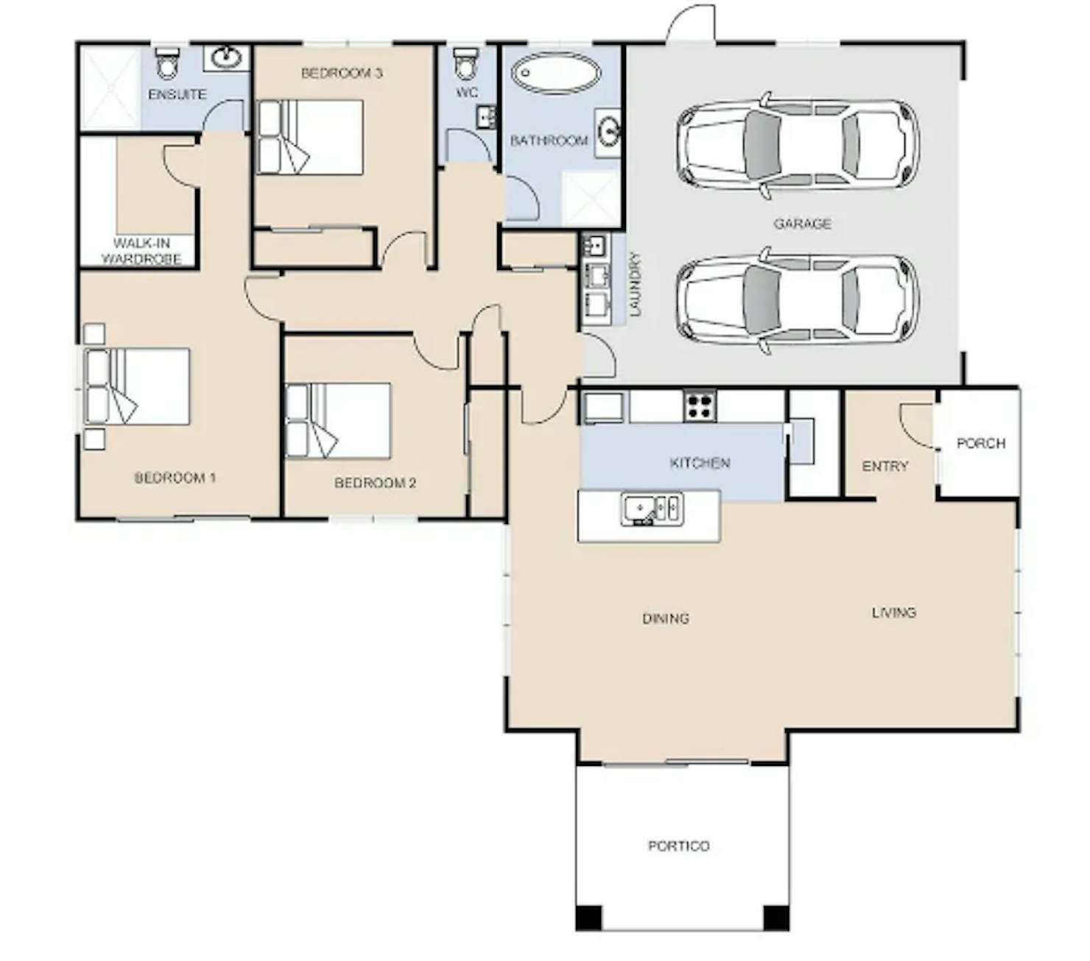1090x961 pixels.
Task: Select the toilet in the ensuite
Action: click(x=166, y=63)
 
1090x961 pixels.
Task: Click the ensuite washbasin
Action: click(x=226, y=57)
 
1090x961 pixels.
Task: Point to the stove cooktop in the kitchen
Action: click(x=700, y=405)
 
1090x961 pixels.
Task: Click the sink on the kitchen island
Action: click(x=652, y=508)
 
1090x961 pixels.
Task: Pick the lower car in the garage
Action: click(x=797, y=300)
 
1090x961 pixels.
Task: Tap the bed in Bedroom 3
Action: click(x=310, y=137)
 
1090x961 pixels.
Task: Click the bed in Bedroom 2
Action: click(x=337, y=420)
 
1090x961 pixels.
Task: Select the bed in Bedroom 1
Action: click(x=137, y=386)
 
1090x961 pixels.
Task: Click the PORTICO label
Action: click(x=678, y=846)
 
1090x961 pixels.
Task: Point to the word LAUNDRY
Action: click(x=636, y=284)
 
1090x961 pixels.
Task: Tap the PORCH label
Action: click(x=981, y=444)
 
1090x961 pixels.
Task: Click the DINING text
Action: click(x=666, y=619)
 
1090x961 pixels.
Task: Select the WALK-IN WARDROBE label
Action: click(x=141, y=251)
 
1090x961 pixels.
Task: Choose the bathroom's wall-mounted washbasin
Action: click(x=608, y=132)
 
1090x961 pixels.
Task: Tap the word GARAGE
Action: click(x=801, y=224)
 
